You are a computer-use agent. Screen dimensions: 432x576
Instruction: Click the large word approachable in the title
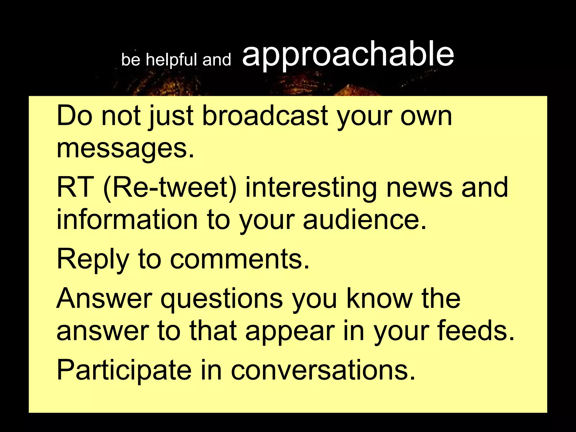348,55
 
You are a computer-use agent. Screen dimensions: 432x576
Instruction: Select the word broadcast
265,116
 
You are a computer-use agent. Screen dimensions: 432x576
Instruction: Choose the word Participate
124,370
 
